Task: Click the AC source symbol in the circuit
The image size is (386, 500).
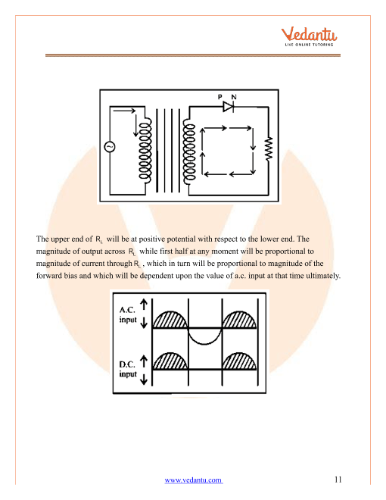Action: (108, 147)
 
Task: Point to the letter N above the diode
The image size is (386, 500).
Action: (234, 96)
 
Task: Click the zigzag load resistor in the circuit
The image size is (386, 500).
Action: (268, 151)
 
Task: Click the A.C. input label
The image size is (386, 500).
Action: (128, 315)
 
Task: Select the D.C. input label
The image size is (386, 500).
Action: (128, 369)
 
